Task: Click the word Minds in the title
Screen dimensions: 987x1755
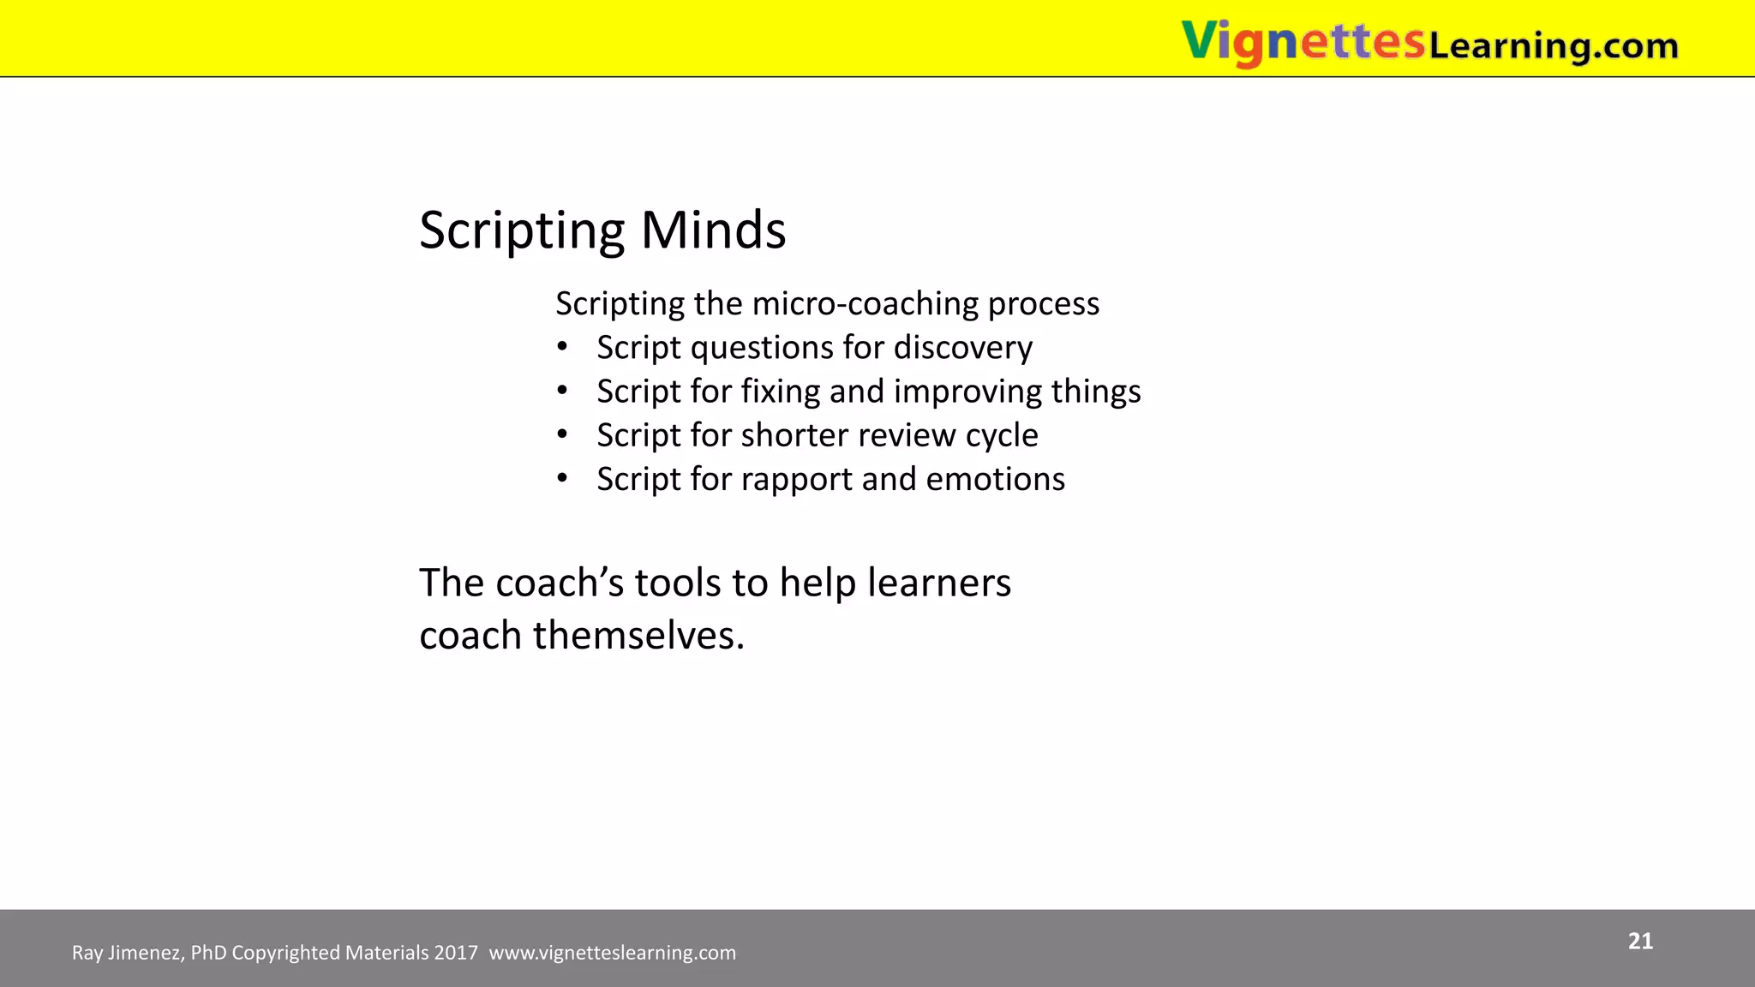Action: (713, 230)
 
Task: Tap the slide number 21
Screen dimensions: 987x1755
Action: (1640, 942)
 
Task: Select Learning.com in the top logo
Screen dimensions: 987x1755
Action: (1553, 45)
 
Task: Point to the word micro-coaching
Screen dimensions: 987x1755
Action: (865, 304)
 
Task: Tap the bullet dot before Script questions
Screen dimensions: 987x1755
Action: (562, 347)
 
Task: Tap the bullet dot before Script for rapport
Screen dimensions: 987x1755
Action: (562, 478)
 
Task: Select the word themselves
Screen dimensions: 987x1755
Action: (638, 636)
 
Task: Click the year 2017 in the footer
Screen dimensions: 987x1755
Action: (456, 953)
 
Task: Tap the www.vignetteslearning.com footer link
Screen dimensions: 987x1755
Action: (612, 953)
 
